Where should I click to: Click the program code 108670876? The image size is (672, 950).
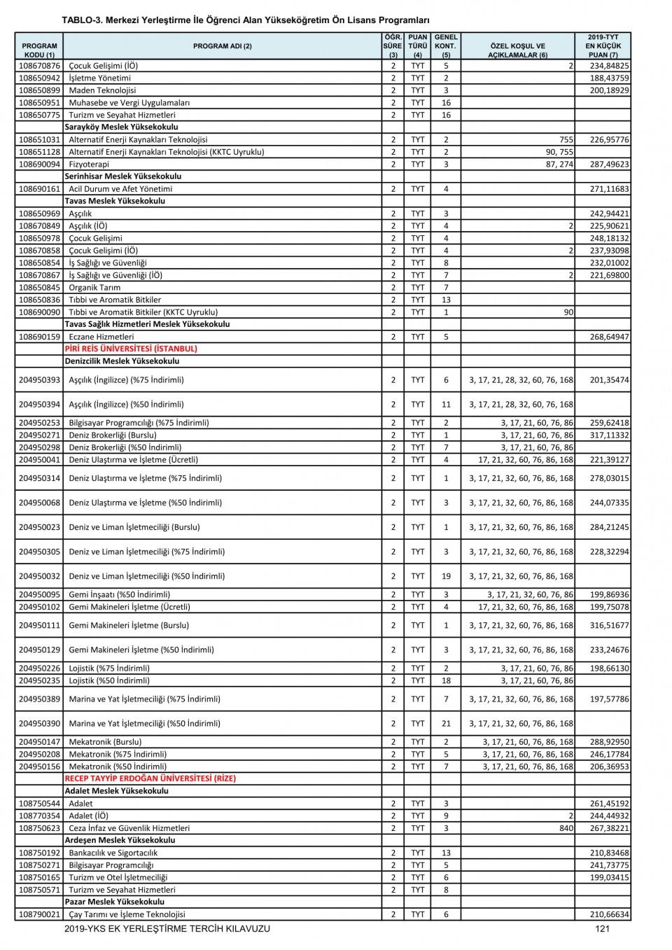coord(39,66)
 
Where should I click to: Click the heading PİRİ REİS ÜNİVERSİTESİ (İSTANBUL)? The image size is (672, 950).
coord(131,349)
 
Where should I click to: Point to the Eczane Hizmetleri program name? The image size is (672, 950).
coord(101,337)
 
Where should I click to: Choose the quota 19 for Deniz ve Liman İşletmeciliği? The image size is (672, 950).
coord(446,576)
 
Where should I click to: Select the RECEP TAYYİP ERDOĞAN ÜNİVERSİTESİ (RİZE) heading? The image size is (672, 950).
coord(150,778)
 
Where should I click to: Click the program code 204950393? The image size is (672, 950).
coord(39,380)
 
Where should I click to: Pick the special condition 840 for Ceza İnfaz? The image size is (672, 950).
coord(566,828)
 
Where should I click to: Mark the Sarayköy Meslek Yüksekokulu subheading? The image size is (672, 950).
coord(121,127)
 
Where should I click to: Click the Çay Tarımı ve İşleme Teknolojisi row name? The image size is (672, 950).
coord(127,914)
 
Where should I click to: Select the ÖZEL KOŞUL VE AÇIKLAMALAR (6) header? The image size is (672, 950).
coord(517,50)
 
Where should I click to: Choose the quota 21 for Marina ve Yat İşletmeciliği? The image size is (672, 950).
coord(446,723)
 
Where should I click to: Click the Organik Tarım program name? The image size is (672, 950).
coord(94,288)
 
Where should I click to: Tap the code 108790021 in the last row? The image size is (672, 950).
coord(39,914)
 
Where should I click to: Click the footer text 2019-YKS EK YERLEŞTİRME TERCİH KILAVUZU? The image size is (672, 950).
coord(167,929)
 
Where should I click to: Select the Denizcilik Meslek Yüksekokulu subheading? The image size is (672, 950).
coord(122,361)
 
